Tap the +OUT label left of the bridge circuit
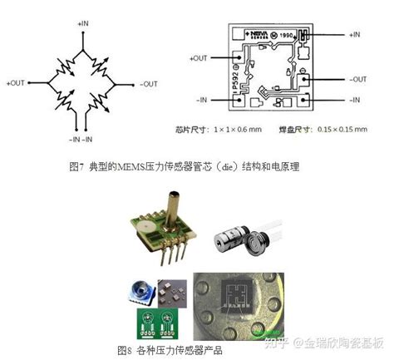16,83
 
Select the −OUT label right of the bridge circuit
150,83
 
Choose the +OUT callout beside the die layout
199,58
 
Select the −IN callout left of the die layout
201,101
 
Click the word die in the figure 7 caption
229,165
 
